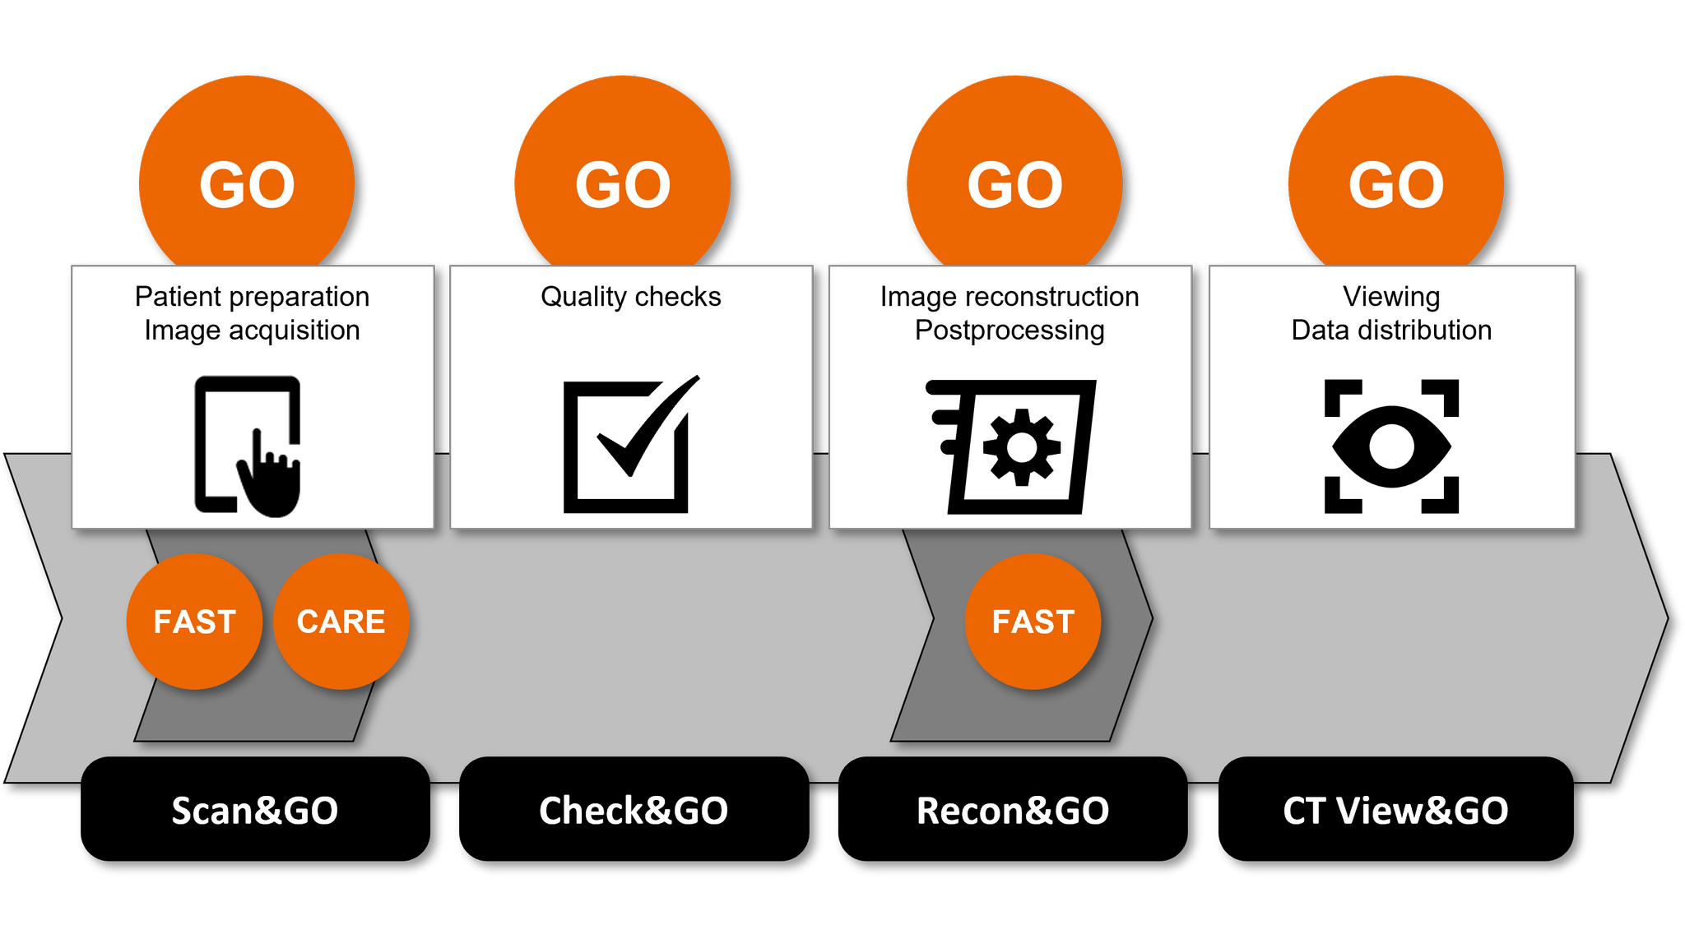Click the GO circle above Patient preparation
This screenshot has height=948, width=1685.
[247, 183]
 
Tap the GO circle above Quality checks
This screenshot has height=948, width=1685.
[623, 183]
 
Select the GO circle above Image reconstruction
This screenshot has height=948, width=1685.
[1014, 183]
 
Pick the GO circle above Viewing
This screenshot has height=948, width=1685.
[1395, 183]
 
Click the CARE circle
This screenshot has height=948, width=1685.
[341, 622]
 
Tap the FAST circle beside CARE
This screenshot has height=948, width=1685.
[195, 622]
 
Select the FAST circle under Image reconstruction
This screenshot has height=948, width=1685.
[1033, 622]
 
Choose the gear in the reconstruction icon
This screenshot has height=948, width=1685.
[1022, 447]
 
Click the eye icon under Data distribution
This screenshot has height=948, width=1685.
[1391, 446]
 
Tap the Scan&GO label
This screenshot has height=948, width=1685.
[255, 811]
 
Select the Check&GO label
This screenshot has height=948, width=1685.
[634, 811]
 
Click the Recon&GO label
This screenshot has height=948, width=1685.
[1013, 811]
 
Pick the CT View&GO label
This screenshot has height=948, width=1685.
[1395, 811]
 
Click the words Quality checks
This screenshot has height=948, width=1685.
[630, 297]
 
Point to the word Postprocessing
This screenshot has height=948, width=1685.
[1010, 331]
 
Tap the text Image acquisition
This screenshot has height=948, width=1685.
[252, 331]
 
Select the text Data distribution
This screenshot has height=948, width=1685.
[1391, 331]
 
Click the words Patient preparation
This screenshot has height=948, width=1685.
[252, 297]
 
